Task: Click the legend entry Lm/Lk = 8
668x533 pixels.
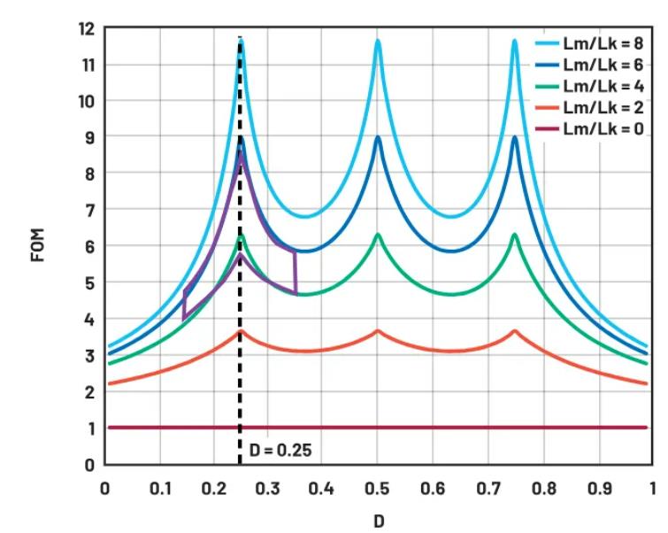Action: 595,42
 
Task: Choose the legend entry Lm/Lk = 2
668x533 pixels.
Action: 595,108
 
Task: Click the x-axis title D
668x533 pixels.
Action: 379,521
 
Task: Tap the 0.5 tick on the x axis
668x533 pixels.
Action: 379,488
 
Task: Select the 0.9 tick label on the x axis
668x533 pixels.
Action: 597,488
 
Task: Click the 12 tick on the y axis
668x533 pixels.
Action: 86,28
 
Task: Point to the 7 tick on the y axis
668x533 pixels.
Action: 90,210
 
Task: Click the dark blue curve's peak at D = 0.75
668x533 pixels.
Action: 515,136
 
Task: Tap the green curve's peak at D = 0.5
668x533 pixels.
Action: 378,235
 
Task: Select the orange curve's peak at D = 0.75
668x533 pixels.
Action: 515,331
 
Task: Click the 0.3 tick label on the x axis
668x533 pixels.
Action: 269,488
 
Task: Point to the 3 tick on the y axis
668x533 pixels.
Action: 90,355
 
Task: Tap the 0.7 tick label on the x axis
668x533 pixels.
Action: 488,488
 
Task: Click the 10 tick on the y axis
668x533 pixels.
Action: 86,101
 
